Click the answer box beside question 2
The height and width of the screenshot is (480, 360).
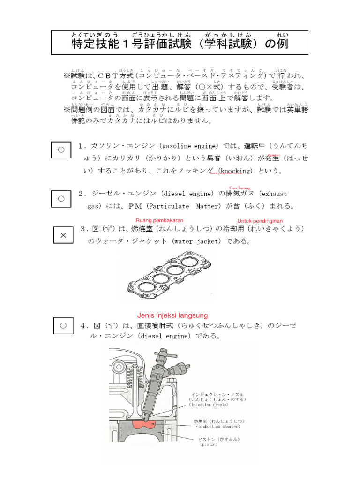tap(61, 198)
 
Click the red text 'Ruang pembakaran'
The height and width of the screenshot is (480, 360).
tap(159, 220)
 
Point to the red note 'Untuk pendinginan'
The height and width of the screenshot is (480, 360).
tap(260, 221)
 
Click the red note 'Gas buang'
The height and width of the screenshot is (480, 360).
tap(240, 187)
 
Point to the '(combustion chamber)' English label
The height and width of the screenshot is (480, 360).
tap(218, 427)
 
